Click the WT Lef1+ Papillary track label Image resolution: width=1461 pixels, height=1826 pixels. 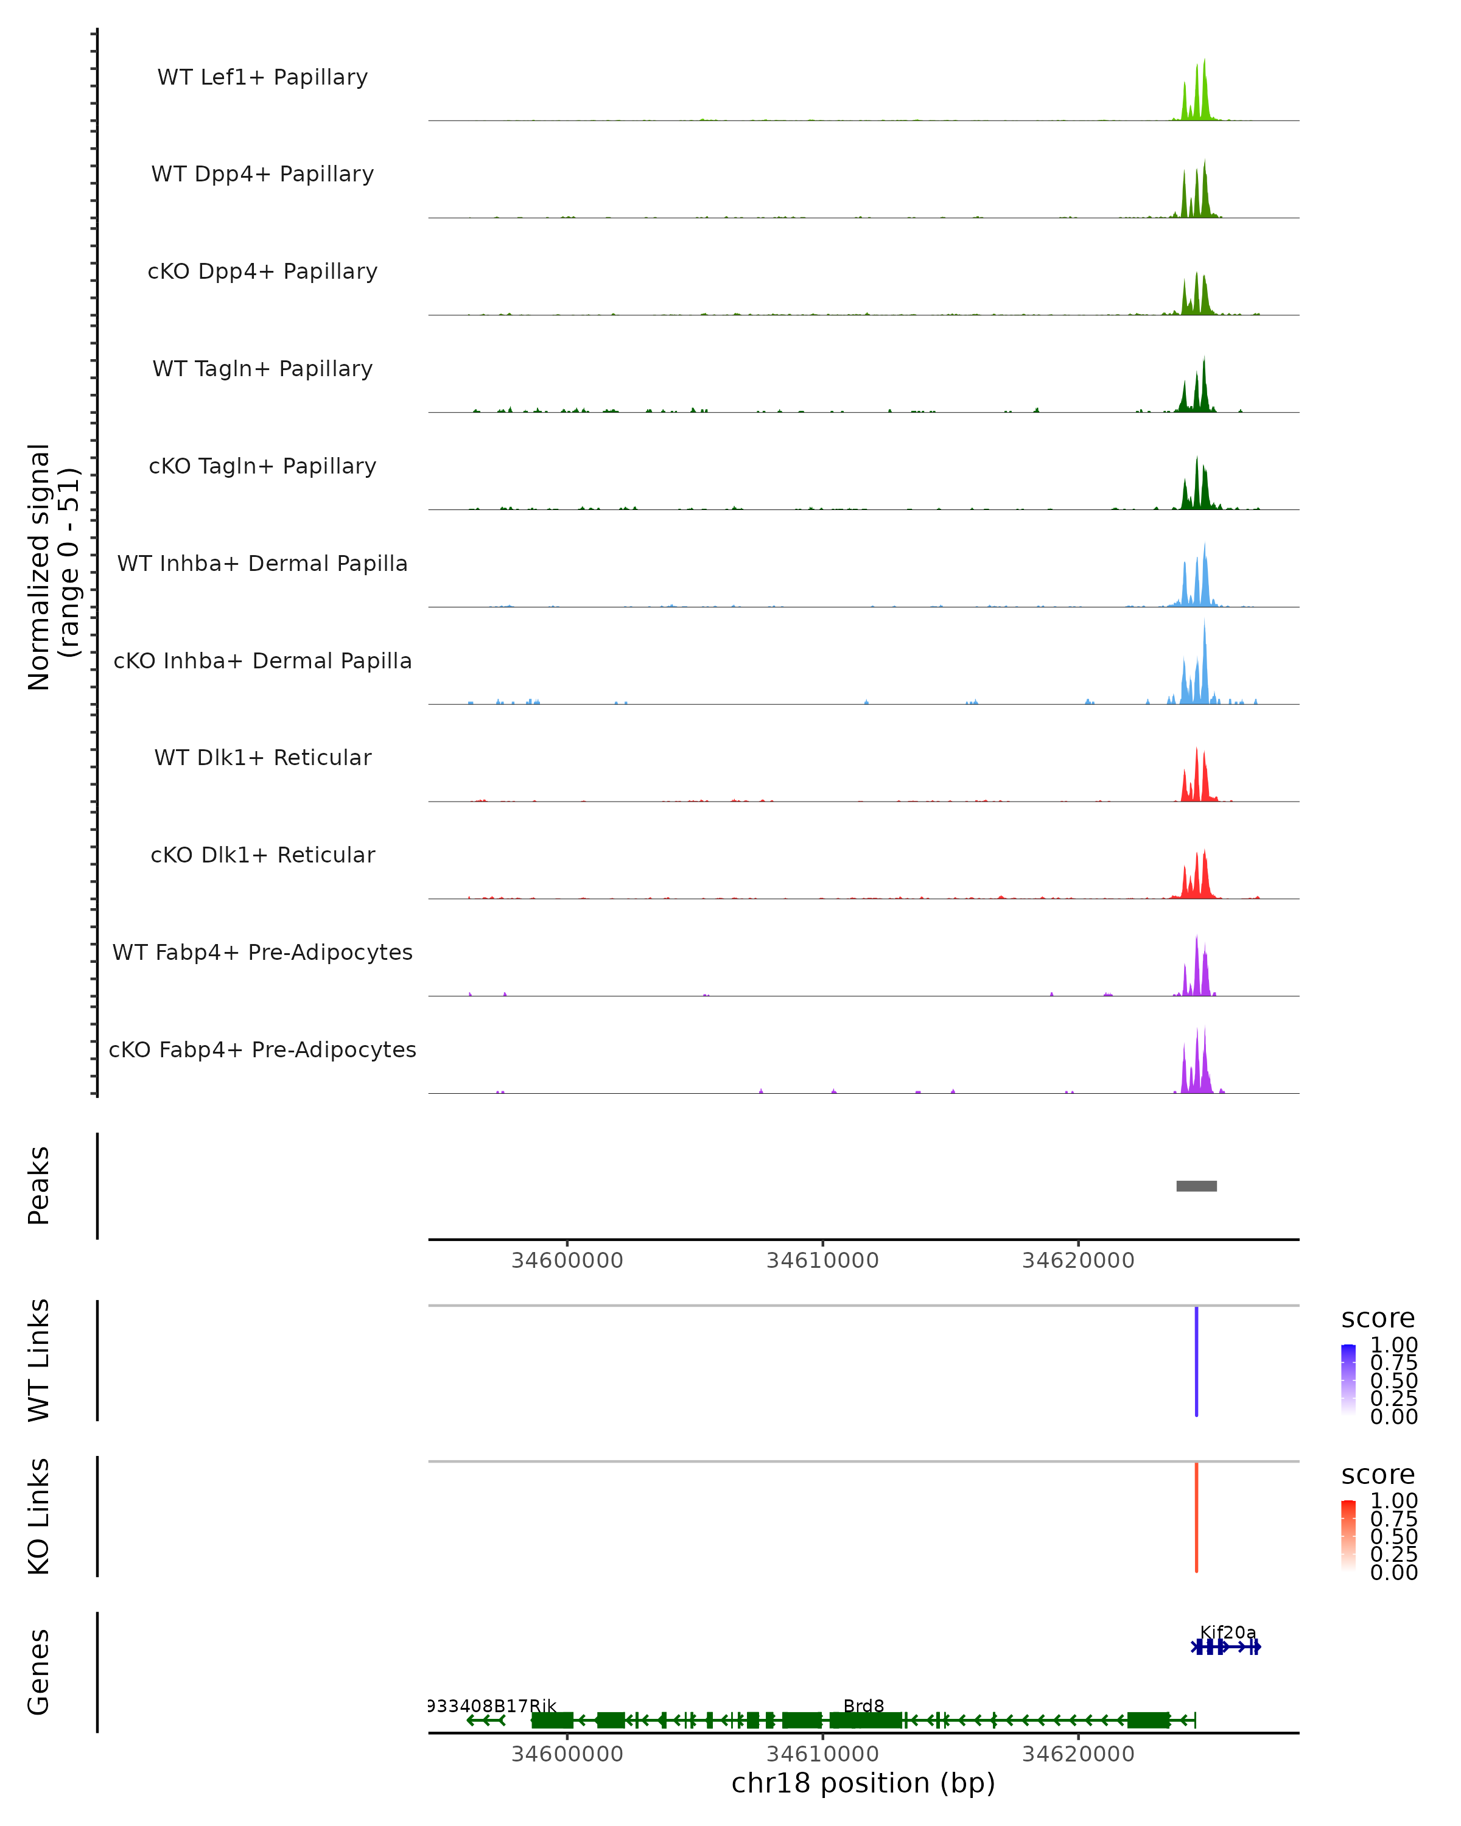[262, 77]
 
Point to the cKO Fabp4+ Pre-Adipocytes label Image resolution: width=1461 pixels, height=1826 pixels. [262, 1049]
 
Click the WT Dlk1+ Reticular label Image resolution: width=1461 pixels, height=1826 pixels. [262, 757]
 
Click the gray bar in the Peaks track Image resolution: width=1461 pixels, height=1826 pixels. [1196, 1186]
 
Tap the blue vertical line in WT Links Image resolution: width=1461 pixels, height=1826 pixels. [1196, 1361]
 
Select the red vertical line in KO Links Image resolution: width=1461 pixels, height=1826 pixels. [1196, 1517]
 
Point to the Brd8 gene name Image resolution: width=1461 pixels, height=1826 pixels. [863, 1705]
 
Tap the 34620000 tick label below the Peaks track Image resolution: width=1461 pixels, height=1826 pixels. [1077, 1261]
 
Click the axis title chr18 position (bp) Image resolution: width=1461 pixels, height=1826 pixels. [863, 1783]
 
